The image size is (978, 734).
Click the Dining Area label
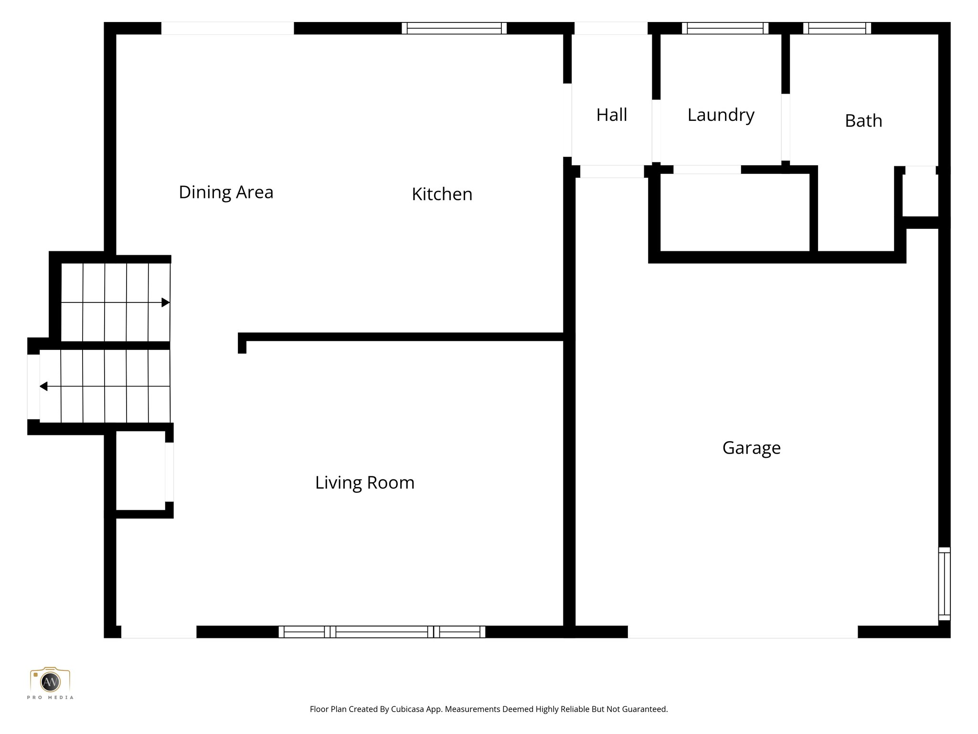click(x=226, y=192)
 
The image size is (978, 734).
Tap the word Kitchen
click(x=442, y=194)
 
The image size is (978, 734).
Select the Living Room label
click(x=364, y=483)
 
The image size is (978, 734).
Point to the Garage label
click(x=751, y=448)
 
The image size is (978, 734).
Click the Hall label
click(x=611, y=115)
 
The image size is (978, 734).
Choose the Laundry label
click(x=721, y=115)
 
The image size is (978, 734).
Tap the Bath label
click(x=863, y=120)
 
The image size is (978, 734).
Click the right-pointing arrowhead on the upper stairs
click(x=166, y=302)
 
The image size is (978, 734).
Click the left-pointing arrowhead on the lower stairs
click(x=43, y=386)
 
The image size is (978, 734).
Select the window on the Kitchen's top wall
click(x=454, y=28)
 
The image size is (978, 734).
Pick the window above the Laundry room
click(x=725, y=28)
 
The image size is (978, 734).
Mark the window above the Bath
click(x=837, y=28)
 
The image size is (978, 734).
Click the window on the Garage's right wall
click(x=944, y=583)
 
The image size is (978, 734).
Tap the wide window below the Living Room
click(x=382, y=632)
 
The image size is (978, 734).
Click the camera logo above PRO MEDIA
click(x=50, y=680)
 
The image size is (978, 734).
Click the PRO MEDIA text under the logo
click(x=50, y=698)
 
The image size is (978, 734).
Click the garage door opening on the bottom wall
click(x=743, y=632)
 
